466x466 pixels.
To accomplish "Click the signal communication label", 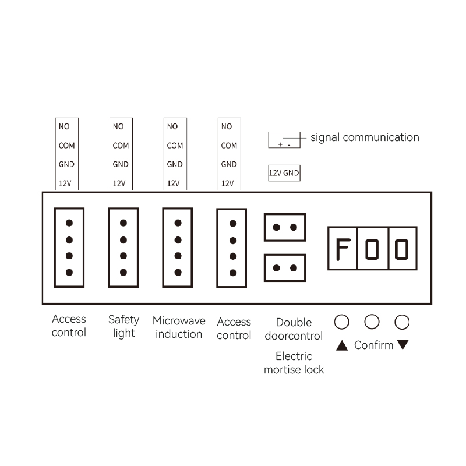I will pos(365,137).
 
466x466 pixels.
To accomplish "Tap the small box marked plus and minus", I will pos(284,140).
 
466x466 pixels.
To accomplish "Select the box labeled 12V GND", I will pos(284,173).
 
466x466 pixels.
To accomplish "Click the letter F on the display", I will pos(342,248).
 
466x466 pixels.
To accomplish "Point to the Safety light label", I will pos(123,326).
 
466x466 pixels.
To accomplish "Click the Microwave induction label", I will pos(179,327).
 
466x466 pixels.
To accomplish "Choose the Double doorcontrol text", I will pos(294,329).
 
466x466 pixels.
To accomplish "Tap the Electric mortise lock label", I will pos(294,362).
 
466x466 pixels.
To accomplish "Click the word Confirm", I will pos(374,345).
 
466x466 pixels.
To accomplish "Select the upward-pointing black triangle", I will pos(342,345).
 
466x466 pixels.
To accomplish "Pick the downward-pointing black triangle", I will pos(403,345).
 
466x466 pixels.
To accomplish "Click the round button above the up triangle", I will pos(342,321).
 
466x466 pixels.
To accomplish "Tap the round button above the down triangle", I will pos(403,321).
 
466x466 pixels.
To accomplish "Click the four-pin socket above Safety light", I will pos(123,247).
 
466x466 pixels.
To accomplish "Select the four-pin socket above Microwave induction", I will pos(178,247).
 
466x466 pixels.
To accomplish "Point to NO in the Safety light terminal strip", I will pos(118,126).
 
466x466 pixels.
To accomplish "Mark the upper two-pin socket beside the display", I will pos(285,227).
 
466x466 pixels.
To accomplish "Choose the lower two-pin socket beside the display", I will pos(285,268).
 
